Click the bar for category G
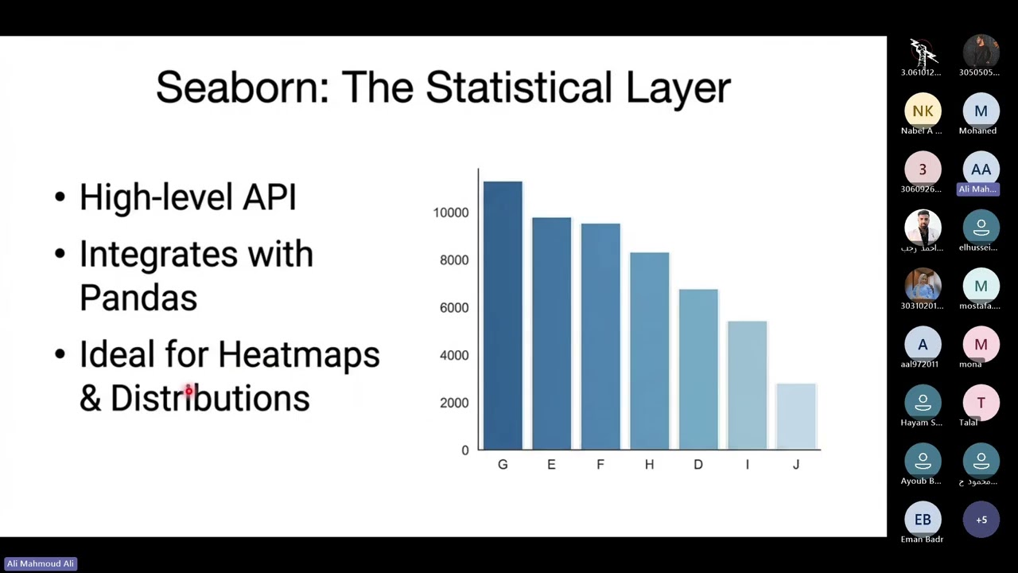[x=503, y=316]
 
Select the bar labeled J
[x=796, y=417]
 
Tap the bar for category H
[x=649, y=351]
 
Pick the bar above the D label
[x=698, y=369]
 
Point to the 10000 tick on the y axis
[x=451, y=212]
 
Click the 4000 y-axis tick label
[x=454, y=356]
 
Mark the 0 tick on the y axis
[x=465, y=450]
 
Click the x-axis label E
[x=551, y=465]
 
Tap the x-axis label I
[x=747, y=465]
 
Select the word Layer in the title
[x=678, y=88]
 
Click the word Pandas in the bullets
[x=138, y=298]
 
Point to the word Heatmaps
[x=299, y=355]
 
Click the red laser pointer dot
[x=189, y=391]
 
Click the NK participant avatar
[x=923, y=111]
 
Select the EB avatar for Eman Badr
[x=923, y=520]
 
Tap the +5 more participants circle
[x=981, y=520]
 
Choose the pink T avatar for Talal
[x=981, y=403]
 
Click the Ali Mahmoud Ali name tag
[x=41, y=563]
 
